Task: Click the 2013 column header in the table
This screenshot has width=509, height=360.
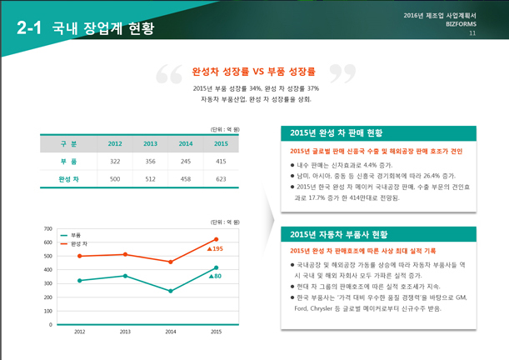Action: (150, 143)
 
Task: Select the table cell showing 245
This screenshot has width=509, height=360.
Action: (186, 161)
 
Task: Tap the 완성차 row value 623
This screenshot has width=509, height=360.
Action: (221, 179)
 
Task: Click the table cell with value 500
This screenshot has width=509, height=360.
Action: (115, 179)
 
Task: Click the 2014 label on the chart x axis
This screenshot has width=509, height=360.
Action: (171, 332)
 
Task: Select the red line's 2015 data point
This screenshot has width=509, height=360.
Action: (216, 239)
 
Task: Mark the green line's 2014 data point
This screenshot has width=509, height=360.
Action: (171, 291)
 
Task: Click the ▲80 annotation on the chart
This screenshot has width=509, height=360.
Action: (215, 276)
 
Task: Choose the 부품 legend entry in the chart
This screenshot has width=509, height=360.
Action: (74, 236)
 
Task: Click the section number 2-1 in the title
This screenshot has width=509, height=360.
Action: (28, 27)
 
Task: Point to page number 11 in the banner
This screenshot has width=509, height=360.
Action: (472, 34)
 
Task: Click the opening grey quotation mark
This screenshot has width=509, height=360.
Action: (169, 75)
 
